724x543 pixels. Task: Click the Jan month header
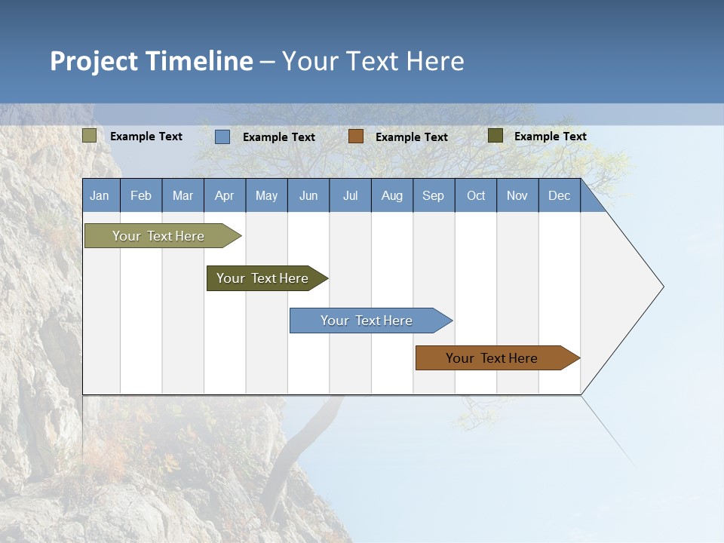click(x=100, y=195)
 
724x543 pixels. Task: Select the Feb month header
click(x=141, y=195)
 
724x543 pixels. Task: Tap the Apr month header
click(x=225, y=195)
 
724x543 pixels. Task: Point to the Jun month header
click(x=308, y=195)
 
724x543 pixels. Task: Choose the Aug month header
click(x=392, y=195)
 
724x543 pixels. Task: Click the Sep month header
click(x=434, y=195)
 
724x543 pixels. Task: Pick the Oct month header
click(x=476, y=195)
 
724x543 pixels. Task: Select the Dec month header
click(x=560, y=195)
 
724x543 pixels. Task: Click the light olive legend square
click(x=90, y=136)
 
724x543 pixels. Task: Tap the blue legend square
click(x=222, y=137)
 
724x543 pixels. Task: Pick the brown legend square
click(x=356, y=137)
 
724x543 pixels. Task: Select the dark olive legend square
click(x=495, y=136)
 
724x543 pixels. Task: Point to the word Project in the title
click(x=94, y=61)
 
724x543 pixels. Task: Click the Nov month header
click(x=517, y=195)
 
